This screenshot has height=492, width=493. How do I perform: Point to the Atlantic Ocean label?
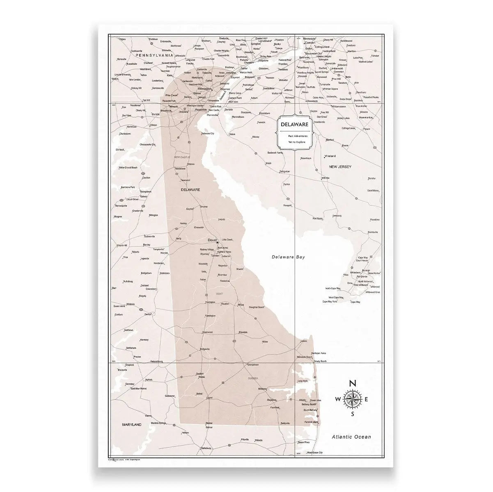pos(351,437)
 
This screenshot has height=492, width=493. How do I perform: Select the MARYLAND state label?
pos(128,424)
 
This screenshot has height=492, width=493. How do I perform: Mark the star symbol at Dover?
pos(218,243)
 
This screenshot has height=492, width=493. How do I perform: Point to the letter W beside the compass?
pos(337,399)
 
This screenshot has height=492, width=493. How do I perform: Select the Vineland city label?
pos(330,156)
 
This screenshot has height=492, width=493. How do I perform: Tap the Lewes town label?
pos(304,341)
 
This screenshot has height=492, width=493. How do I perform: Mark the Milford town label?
pos(241,305)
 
